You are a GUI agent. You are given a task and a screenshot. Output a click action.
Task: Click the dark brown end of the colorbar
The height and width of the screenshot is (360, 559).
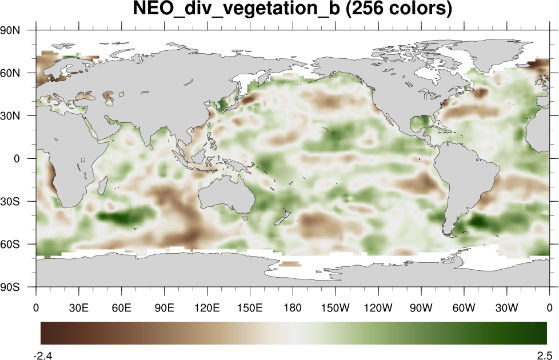point(46,333)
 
